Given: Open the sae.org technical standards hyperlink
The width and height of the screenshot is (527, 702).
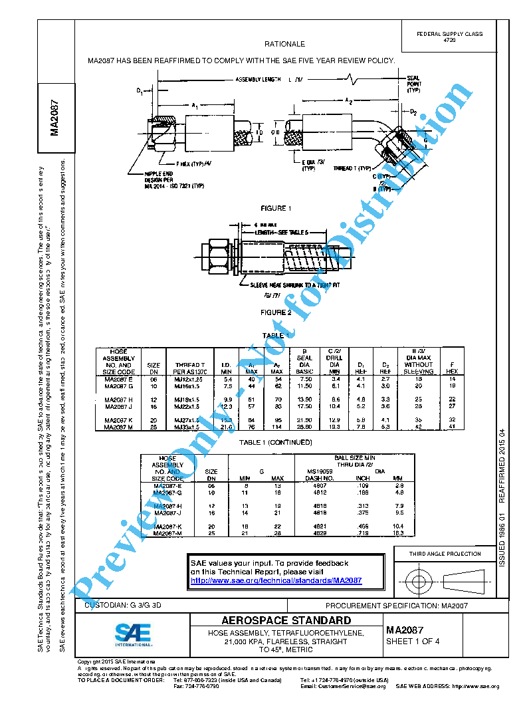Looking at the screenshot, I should point(276,580).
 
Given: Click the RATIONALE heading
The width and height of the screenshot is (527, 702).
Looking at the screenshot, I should point(284,44).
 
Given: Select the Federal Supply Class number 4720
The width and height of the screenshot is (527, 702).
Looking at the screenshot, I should point(449,41).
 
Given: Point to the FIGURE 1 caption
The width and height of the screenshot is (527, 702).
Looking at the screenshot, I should point(276,208).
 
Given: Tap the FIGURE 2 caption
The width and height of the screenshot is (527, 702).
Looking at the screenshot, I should point(276,312).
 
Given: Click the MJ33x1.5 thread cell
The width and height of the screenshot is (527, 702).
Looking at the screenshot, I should point(186,427).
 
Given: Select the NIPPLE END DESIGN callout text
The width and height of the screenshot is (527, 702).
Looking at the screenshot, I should point(159,179).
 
